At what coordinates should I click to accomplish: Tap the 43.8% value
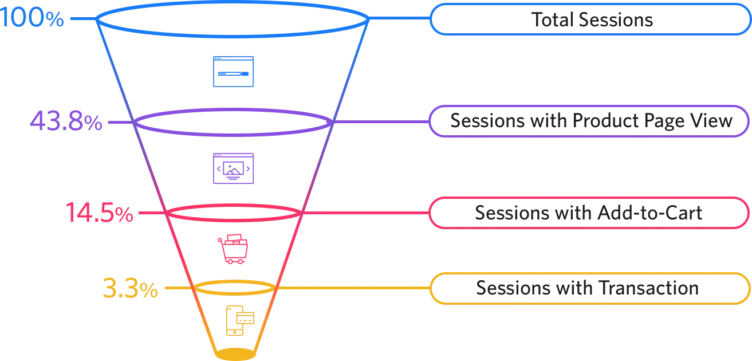click(x=66, y=121)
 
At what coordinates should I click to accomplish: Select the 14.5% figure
click(x=99, y=214)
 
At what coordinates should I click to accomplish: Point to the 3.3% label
click(x=129, y=288)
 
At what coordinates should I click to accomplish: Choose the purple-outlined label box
click(x=590, y=120)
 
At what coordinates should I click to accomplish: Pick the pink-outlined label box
click(x=590, y=213)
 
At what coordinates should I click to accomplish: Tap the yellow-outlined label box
click(x=590, y=289)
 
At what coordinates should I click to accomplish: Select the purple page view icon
click(x=233, y=169)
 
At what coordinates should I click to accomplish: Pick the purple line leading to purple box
click(x=381, y=121)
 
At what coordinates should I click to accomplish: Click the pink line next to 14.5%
click(x=152, y=214)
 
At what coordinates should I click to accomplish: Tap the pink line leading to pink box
click(x=367, y=214)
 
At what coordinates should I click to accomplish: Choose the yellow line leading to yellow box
click(x=352, y=288)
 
